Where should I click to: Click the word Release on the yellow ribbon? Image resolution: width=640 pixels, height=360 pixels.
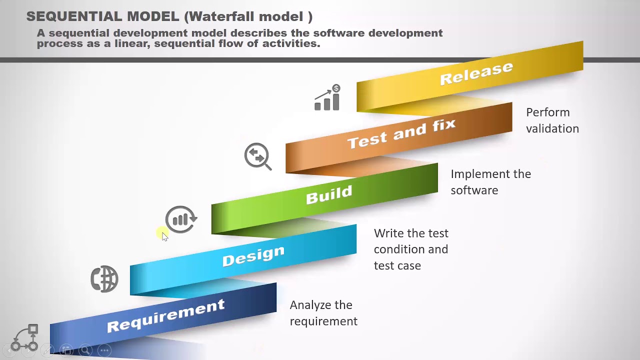pyautogui.click(x=476, y=73)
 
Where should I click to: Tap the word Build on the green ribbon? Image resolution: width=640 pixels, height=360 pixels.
pyautogui.click(x=329, y=195)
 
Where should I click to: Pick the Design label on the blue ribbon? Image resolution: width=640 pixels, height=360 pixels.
pyautogui.click(x=253, y=256)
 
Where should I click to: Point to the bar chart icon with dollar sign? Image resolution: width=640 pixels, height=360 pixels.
pyautogui.click(x=327, y=98)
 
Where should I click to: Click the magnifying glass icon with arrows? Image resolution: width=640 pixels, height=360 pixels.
pyautogui.click(x=257, y=156)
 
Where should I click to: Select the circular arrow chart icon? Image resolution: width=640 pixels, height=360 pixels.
pyautogui.click(x=181, y=219)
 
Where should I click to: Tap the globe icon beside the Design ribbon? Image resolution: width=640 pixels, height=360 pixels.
pyautogui.click(x=104, y=279)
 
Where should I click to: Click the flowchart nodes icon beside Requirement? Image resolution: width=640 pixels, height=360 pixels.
pyautogui.click(x=25, y=338)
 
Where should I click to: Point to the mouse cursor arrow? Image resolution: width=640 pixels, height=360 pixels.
pyautogui.click(x=164, y=236)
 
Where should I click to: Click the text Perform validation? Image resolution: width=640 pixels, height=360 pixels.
pyautogui.click(x=552, y=120)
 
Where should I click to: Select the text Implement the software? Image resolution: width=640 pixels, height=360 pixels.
pyautogui.click(x=490, y=182)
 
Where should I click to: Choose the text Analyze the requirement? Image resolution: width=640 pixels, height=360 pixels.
pyautogui.click(x=323, y=313)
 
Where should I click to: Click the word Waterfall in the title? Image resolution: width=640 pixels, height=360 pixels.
pyautogui.click(x=218, y=16)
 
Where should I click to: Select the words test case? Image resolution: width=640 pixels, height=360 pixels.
pyautogui.click(x=397, y=265)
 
